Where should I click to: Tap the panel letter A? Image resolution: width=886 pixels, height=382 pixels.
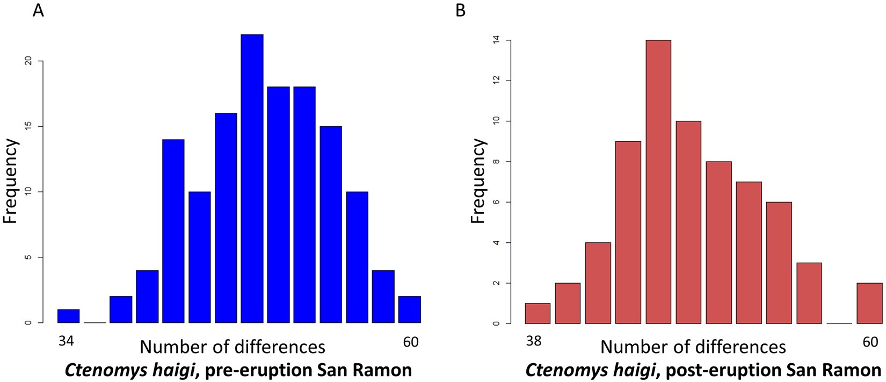click(38, 10)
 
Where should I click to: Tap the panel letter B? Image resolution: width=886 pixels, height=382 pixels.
click(460, 10)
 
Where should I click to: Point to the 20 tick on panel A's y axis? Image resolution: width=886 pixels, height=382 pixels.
click(30, 61)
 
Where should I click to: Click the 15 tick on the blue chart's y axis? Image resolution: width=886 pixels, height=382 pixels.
click(30, 127)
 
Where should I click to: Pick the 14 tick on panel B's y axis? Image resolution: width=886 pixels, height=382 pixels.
click(497, 40)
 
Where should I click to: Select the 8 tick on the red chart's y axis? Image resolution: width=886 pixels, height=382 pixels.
click(497, 162)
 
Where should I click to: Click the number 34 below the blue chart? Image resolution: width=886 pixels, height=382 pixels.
click(66, 342)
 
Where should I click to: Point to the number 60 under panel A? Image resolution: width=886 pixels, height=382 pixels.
click(410, 342)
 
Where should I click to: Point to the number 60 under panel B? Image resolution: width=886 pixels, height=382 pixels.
click(870, 342)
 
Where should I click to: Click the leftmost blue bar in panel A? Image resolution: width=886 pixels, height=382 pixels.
click(68, 316)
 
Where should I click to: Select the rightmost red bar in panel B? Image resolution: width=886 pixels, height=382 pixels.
click(869, 304)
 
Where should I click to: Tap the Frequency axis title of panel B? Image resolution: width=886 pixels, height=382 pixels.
click(477, 182)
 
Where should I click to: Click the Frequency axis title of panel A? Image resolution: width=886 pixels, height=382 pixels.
click(11, 182)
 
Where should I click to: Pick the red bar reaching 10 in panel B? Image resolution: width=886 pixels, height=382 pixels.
click(688, 222)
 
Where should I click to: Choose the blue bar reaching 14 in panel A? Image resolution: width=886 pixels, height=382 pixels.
click(173, 231)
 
